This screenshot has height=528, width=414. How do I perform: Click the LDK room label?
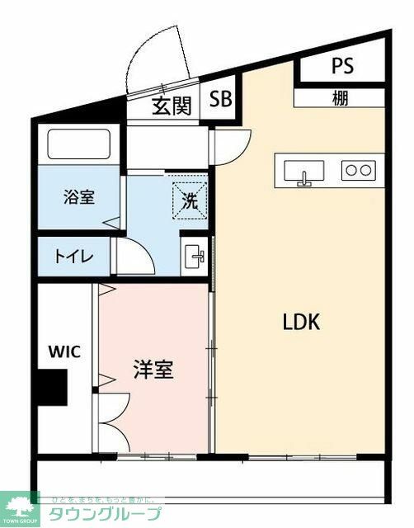tap(300, 322)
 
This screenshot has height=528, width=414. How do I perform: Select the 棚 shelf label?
tap(341, 98)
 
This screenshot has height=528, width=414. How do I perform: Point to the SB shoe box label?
tap(220, 101)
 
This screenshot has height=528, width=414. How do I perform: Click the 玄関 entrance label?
tap(172, 106)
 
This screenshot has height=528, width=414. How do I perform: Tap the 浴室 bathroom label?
tap(80, 197)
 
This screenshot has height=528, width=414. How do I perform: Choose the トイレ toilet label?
tap(74, 255)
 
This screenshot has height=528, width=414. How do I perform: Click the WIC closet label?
tap(64, 352)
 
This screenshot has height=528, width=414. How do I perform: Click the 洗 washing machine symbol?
tap(189, 199)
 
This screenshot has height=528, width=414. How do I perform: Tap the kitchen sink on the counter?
tap(303, 171)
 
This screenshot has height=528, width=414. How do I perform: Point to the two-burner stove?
tap(359, 170)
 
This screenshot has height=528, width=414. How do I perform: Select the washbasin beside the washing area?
tap(195, 255)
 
